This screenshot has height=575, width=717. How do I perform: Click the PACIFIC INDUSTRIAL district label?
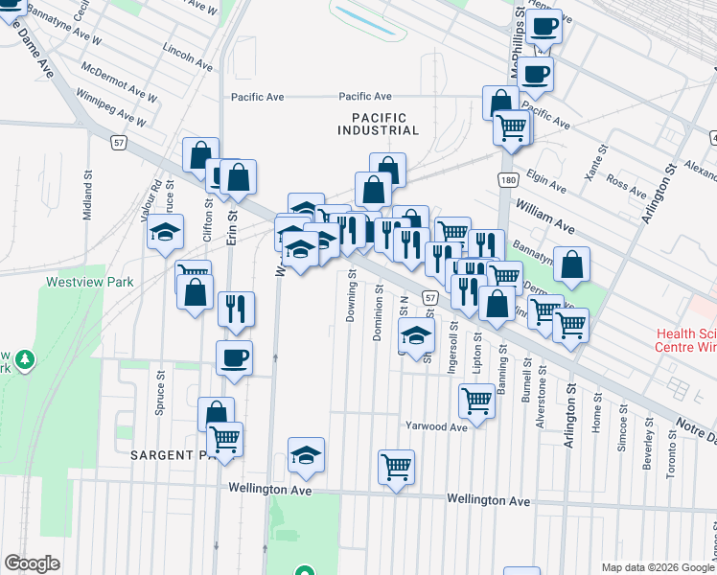pos(378,123)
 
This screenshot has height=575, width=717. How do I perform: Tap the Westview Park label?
pos(90,283)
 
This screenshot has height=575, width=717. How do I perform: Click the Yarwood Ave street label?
pos(435,426)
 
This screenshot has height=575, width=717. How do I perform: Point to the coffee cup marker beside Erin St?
pos(234,359)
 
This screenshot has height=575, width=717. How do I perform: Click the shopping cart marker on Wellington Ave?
pos(396,468)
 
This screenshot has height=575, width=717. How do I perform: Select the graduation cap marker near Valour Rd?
pos(165,232)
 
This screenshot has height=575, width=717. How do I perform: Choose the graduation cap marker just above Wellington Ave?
pos(306,454)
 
